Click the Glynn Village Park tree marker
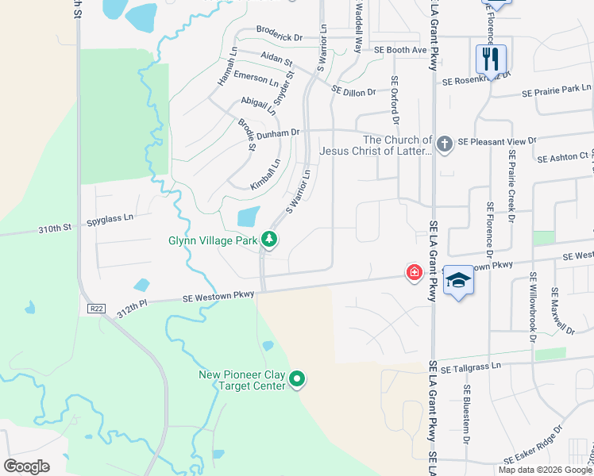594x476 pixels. coord(269,240)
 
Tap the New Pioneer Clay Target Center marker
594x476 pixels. coord(298,380)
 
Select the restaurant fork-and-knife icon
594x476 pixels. coord(491,58)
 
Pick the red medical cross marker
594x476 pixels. coord(414,272)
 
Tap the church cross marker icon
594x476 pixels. coord(445,144)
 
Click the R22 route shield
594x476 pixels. coord(96,307)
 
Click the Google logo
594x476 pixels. coord(27,466)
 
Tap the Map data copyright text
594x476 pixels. coord(546,470)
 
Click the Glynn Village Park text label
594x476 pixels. coord(213,240)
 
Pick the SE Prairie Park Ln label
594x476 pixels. coord(557,90)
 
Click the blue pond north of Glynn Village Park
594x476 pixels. coord(249,216)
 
